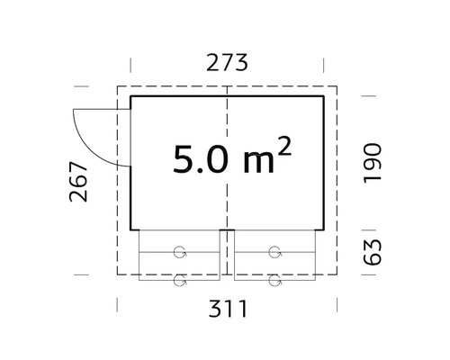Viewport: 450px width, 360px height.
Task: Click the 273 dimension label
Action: [227, 63]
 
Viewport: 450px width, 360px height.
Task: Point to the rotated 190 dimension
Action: [373, 161]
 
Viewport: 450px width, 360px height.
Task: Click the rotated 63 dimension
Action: [373, 248]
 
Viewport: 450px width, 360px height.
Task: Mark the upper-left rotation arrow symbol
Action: [181, 251]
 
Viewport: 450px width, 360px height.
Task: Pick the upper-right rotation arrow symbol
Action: [274, 251]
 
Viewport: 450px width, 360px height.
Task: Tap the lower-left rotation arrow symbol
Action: [181, 279]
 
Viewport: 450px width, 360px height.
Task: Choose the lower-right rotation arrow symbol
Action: [274, 279]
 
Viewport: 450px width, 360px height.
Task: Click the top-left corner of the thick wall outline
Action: [131, 94]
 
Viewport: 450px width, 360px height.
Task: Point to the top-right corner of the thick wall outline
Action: [325, 94]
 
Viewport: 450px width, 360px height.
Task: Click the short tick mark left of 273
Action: [131, 65]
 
